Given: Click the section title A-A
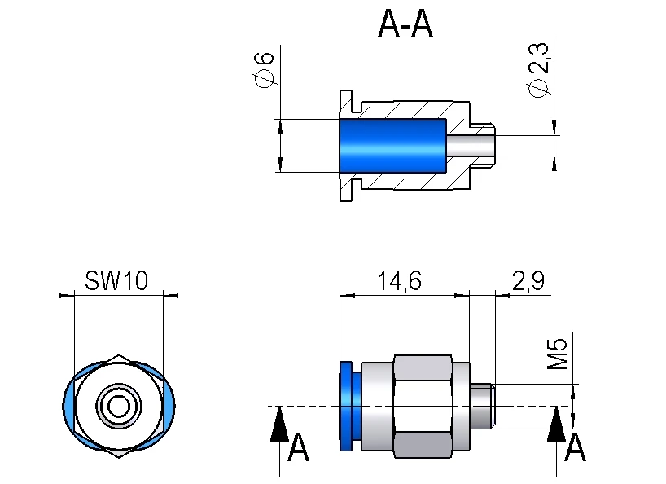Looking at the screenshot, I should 405,26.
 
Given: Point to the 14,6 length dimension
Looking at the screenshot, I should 399,282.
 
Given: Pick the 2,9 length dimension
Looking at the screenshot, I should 528,282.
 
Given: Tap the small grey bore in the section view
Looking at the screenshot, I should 471,147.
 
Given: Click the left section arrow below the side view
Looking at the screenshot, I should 279,424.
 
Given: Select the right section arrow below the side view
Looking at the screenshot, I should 557,424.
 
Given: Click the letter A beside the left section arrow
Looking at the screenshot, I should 299,448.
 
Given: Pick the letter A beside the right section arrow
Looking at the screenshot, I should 576,448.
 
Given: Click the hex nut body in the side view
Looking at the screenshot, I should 422,405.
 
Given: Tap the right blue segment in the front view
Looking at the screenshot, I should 169,404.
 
